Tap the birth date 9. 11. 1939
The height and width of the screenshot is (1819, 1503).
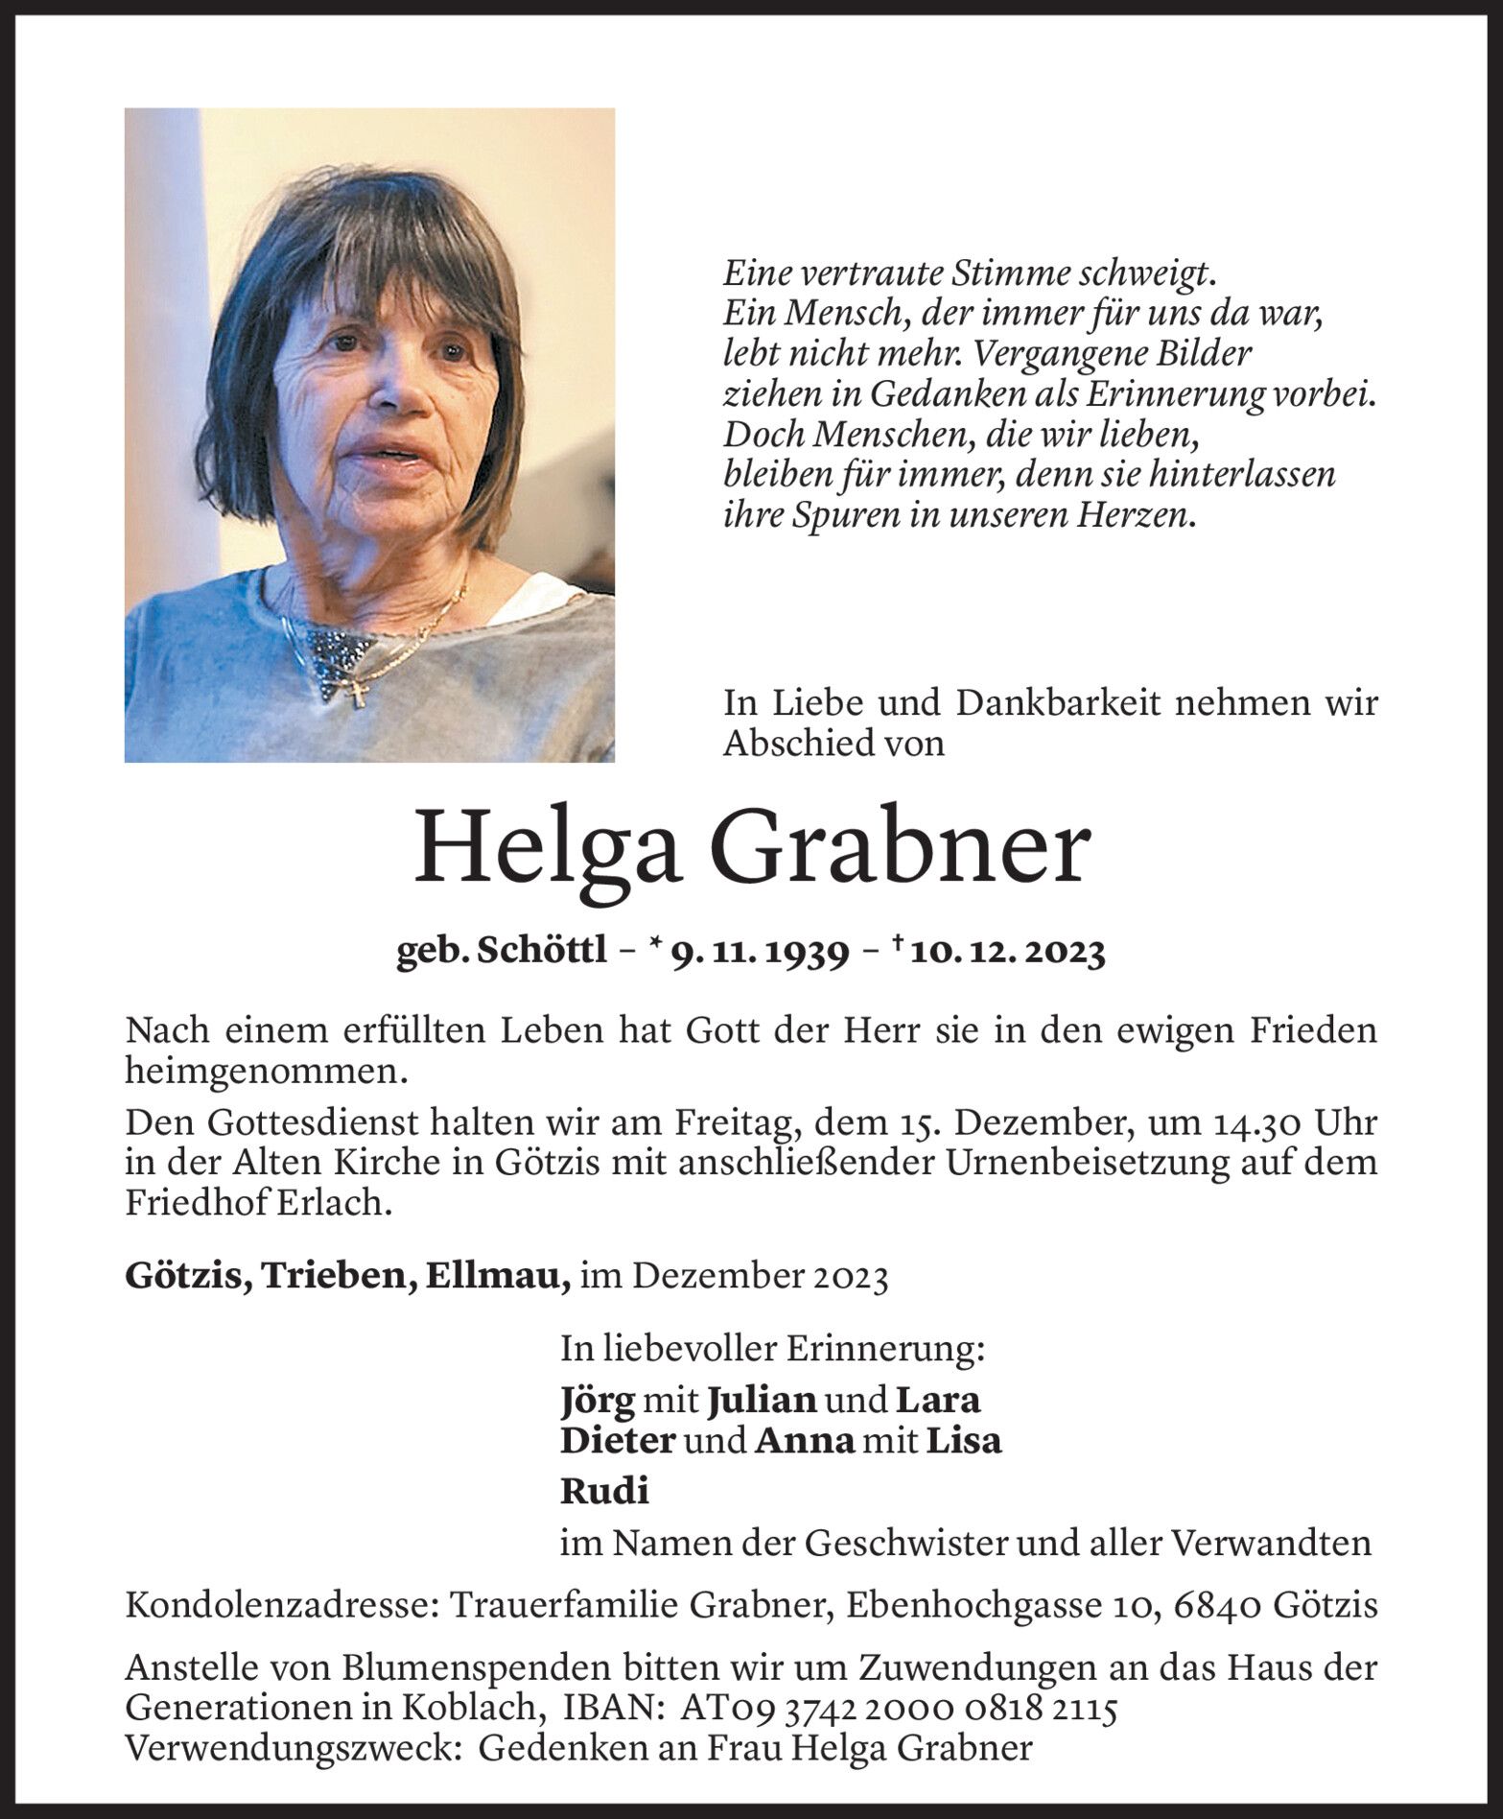pos(760,952)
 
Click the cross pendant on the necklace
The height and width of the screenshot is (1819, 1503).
pos(361,695)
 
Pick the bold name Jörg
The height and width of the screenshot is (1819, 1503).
pos(598,1400)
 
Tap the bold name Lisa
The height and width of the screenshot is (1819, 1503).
pos(963,1440)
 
